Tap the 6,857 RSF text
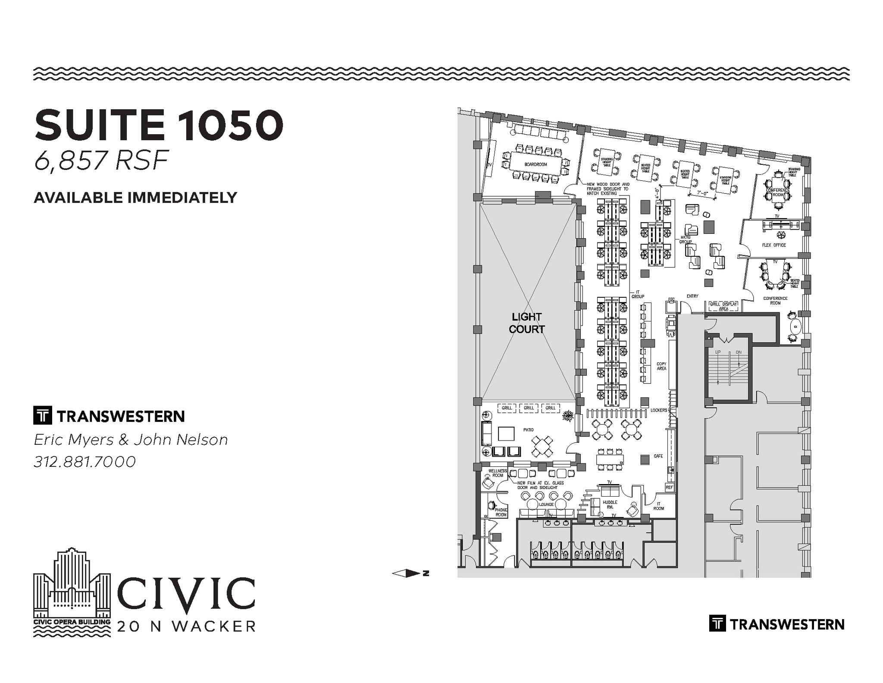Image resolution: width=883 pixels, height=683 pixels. tap(101, 160)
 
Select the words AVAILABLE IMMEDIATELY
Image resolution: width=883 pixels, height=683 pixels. tap(135, 198)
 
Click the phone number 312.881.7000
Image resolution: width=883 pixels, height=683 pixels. tap(85, 462)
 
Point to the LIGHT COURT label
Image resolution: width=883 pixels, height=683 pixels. tap(526, 323)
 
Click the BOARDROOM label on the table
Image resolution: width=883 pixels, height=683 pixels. tap(535, 164)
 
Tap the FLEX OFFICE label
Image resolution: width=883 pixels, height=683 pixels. tap(774, 245)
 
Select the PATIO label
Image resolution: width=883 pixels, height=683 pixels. tap(529, 430)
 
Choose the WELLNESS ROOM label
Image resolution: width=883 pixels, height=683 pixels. tap(498, 473)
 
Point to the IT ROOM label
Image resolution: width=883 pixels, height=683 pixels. tap(658, 506)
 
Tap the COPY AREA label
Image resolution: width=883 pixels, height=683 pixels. tap(661, 366)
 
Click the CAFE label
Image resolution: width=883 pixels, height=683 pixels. tap(658, 456)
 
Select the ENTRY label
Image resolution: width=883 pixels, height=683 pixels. tap(692, 296)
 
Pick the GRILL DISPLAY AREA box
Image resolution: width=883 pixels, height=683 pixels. tap(723, 306)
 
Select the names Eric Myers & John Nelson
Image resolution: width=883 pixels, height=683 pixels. tap(131, 440)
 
